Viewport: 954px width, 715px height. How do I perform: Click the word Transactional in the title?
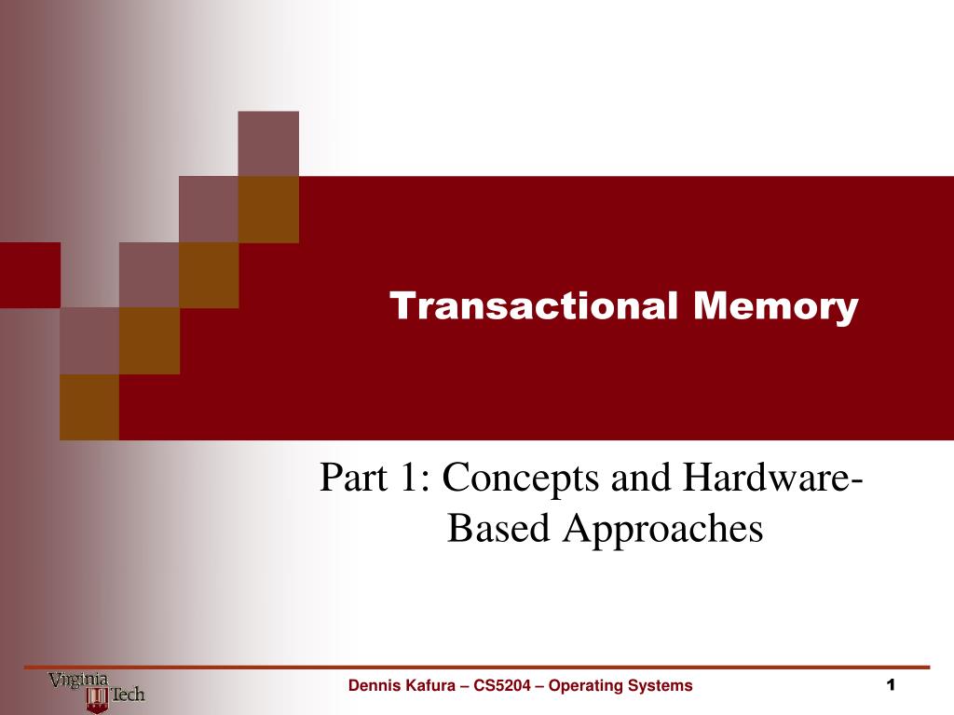(534, 305)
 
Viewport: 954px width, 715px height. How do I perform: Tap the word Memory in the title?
(776, 307)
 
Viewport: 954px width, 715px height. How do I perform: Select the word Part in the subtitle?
(353, 477)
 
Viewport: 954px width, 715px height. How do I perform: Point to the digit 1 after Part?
(411, 477)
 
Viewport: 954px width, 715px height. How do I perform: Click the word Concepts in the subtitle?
(520, 478)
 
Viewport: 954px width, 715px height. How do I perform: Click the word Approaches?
(662, 529)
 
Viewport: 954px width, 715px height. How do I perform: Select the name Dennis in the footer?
(371, 685)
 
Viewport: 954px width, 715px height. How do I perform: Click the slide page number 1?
(891, 685)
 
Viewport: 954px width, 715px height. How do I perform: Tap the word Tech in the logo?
(128, 694)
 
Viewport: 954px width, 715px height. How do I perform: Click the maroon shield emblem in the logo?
(97, 699)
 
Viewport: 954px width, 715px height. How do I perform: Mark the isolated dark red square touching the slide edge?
(30, 275)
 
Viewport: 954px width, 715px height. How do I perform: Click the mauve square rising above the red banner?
(268, 144)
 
